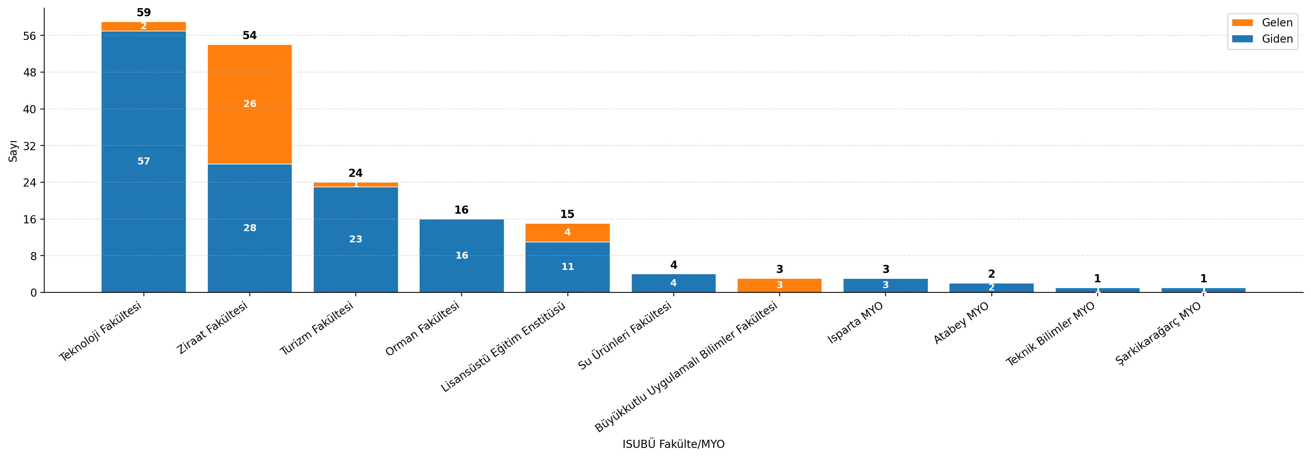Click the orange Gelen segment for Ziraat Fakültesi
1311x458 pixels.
249,104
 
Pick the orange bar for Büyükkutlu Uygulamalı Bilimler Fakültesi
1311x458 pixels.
779,285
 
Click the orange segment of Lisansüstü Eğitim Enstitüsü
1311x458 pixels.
567,233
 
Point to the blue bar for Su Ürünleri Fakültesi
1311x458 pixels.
673,283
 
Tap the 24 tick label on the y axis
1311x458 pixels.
30,182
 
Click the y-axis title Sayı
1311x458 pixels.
13,151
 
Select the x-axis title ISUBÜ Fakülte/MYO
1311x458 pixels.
673,444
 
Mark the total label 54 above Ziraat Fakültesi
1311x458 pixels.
249,36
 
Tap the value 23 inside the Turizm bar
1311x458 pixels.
356,239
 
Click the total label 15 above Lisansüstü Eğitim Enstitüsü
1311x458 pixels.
567,214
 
